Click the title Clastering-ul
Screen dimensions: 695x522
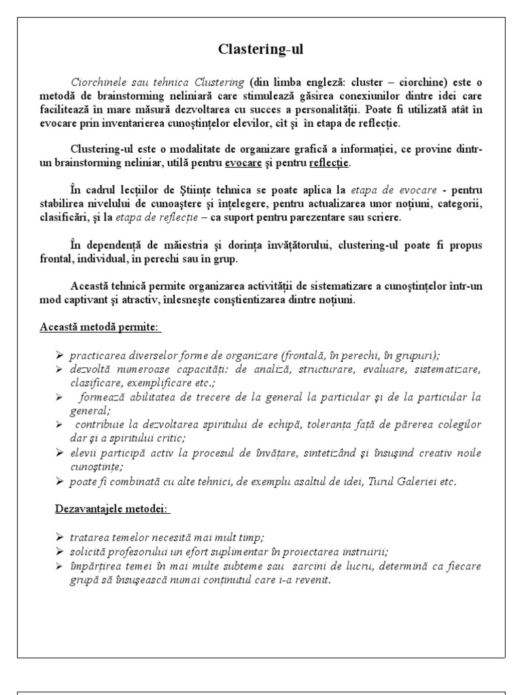click(x=261, y=50)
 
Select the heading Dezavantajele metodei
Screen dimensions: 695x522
click(x=112, y=509)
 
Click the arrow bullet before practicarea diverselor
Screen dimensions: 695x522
click(x=59, y=355)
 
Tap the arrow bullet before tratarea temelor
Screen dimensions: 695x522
click(x=59, y=537)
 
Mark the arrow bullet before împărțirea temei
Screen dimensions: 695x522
click(x=59, y=565)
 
